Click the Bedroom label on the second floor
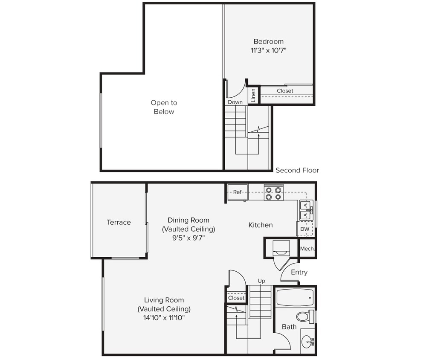268,41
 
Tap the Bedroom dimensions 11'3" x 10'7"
268,50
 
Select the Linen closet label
253,95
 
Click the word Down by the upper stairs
235,102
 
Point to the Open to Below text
164,107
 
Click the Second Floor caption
297,170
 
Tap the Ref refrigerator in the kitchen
237,192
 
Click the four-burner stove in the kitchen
273,193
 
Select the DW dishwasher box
304,229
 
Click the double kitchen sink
305,210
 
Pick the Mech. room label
307,249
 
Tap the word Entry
299,272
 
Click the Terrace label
119,222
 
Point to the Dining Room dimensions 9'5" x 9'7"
188,238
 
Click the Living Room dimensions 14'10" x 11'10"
164,318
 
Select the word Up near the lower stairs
261,281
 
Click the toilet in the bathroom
304,316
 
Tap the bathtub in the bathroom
295,297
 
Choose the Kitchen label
261,225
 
